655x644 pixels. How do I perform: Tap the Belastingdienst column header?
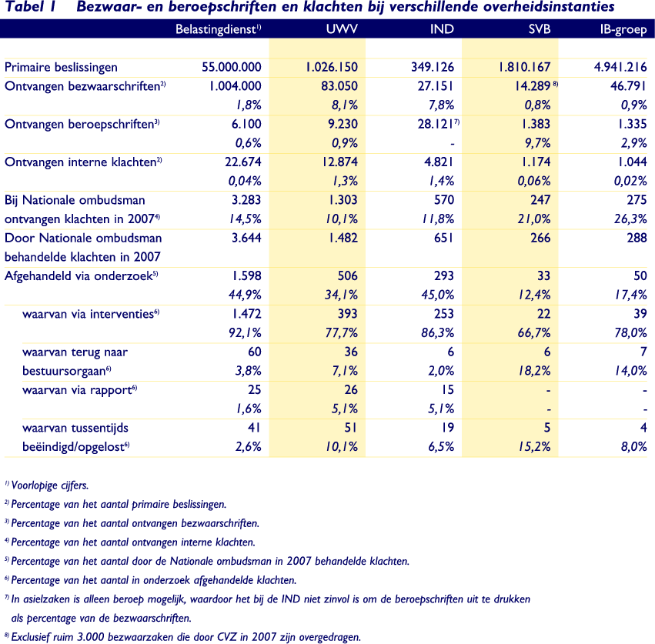coord(219,30)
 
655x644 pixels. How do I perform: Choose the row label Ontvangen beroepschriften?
coord(80,124)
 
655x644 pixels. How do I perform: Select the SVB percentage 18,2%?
coord(533,369)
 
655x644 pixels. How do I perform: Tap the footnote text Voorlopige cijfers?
coord(50,486)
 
